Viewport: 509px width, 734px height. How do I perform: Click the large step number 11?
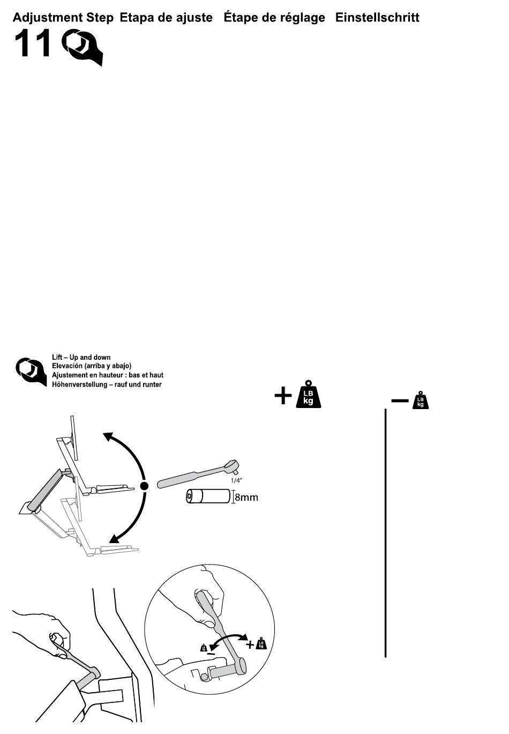(33, 44)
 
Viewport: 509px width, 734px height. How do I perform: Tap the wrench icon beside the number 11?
(81, 47)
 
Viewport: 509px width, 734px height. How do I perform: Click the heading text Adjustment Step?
(63, 18)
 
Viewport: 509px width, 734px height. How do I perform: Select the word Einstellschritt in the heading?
(377, 18)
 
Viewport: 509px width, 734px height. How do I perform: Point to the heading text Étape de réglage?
(274, 18)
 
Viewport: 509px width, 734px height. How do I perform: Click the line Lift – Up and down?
(81, 357)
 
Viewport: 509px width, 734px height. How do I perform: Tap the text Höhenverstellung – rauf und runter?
(107, 384)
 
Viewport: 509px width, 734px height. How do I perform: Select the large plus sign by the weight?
(283, 396)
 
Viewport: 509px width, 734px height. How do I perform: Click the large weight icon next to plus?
(309, 395)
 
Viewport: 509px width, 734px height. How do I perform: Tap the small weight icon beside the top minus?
(421, 400)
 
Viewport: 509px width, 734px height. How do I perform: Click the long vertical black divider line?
(386, 533)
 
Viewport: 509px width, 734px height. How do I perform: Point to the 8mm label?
(246, 498)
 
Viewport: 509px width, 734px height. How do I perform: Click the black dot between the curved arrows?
(144, 486)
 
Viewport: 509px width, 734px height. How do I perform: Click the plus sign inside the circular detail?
(250, 644)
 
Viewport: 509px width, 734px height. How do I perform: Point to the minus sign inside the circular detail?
(211, 654)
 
